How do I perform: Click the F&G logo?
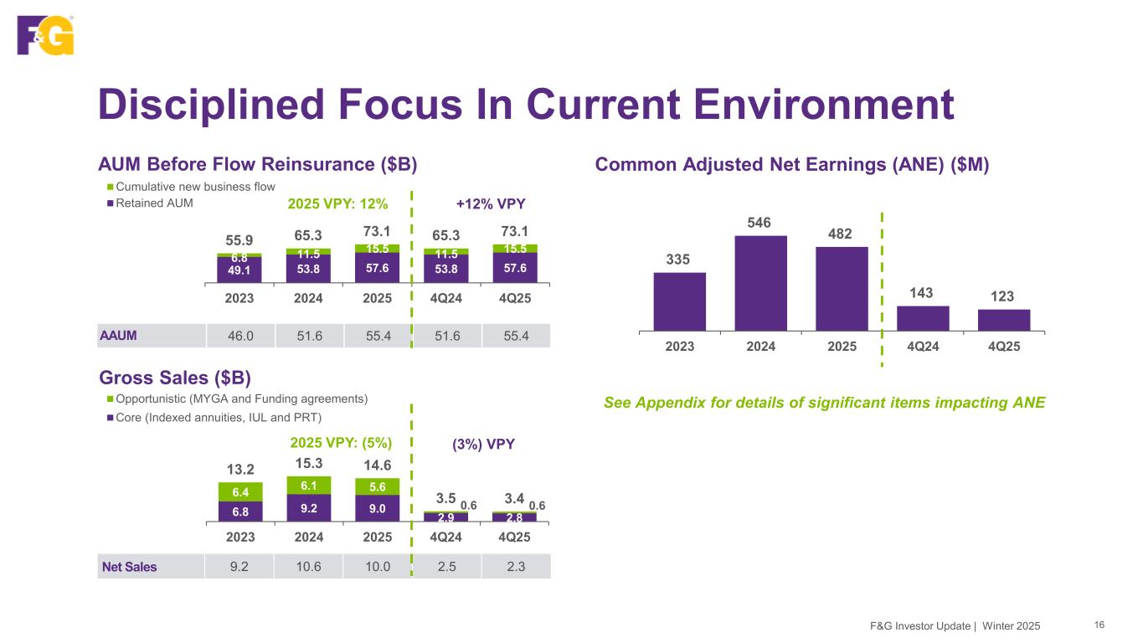(45, 34)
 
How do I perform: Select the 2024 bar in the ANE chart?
(760, 283)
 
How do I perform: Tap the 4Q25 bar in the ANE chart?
(1004, 320)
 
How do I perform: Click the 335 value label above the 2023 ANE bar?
(678, 260)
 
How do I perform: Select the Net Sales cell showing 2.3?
(516, 566)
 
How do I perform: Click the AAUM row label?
(119, 335)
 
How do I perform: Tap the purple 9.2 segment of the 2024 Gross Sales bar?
(308, 507)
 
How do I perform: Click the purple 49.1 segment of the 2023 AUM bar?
(239, 270)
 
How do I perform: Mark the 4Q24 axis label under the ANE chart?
(922, 347)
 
